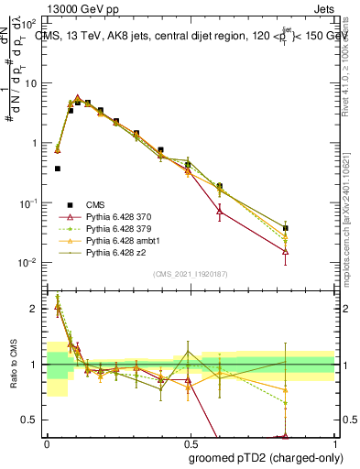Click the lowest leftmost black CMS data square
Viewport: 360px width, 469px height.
(58, 169)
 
